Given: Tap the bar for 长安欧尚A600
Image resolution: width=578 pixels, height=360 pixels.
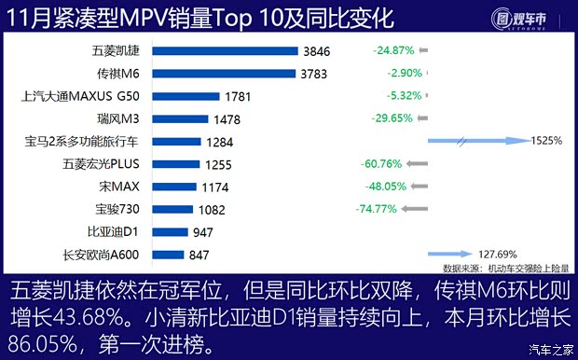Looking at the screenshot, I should (x=172, y=254).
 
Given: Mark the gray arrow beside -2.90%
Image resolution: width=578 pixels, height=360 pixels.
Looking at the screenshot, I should (x=423, y=72).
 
